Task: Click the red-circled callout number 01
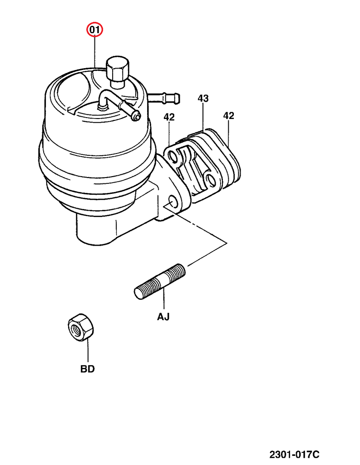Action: (x=94, y=30)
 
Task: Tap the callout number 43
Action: (x=203, y=98)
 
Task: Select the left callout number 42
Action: (x=169, y=117)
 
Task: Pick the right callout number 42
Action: (x=229, y=115)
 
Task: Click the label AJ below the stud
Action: (x=163, y=317)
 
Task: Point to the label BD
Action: (x=88, y=369)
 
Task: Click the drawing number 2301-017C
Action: (x=294, y=454)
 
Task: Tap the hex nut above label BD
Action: (x=80, y=327)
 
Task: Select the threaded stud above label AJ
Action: (x=160, y=282)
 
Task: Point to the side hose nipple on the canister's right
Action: (x=164, y=98)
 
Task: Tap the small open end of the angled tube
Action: (x=137, y=118)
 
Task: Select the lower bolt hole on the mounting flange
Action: (x=172, y=201)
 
